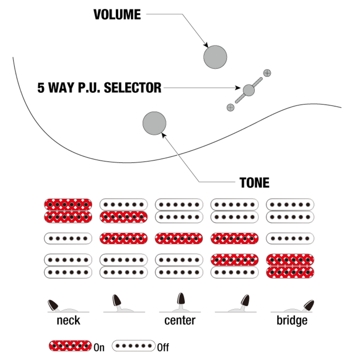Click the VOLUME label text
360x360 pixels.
click(x=117, y=15)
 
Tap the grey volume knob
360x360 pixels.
click(x=215, y=57)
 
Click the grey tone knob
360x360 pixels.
click(x=154, y=123)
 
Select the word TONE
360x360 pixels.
click(x=254, y=183)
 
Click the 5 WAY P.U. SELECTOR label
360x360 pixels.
click(x=99, y=88)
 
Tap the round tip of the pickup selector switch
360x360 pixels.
click(x=249, y=90)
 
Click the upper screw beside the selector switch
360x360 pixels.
click(x=267, y=73)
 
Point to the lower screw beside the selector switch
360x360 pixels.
click(x=230, y=107)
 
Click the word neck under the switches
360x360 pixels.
click(x=68, y=320)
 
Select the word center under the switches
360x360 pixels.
click(x=180, y=320)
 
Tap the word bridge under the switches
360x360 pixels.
click(x=292, y=320)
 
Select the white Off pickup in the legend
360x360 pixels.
click(x=134, y=346)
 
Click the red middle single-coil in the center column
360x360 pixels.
click(x=179, y=238)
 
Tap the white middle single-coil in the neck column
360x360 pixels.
click(x=68, y=238)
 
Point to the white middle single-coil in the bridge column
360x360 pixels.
click(x=290, y=238)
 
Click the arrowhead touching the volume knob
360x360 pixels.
click(x=206, y=46)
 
